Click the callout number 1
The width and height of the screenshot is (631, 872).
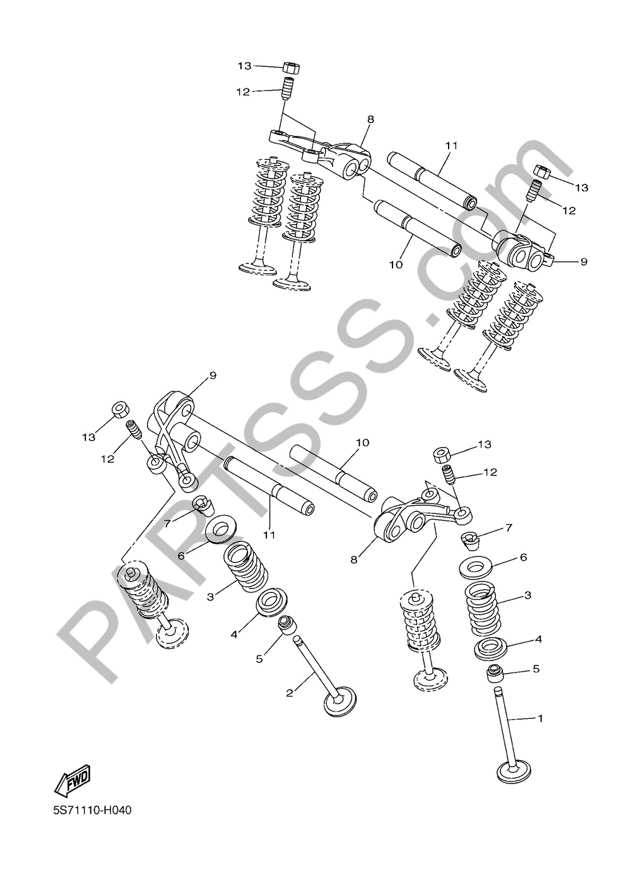coord(540,718)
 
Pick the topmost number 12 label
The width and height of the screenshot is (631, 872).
coord(244,92)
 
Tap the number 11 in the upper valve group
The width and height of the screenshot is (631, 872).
coord(451,146)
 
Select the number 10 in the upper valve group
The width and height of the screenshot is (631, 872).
coord(396,265)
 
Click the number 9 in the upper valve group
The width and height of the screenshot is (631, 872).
coord(584,262)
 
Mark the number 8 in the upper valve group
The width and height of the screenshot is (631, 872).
coord(370,119)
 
